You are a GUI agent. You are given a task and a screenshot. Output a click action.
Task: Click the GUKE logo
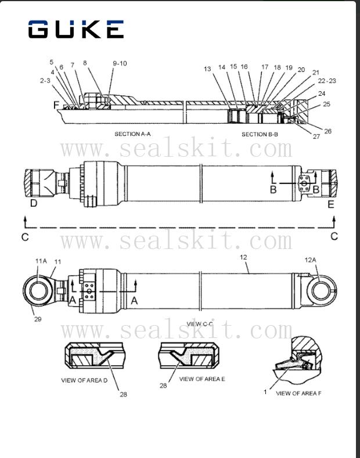tap(76, 29)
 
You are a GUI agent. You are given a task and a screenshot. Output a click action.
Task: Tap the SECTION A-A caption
tap(132, 134)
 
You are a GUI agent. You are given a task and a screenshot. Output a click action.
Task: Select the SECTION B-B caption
tap(260, 134)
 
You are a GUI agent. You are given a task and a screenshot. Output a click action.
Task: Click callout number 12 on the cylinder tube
tap(243, 256)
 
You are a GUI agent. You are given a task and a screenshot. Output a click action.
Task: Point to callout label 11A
tap(41, 262)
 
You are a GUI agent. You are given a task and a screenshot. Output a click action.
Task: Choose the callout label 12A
tap(311, 259)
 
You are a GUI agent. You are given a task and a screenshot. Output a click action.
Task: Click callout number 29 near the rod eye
tap(37, 319)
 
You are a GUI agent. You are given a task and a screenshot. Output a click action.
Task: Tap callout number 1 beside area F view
tap(265, 392)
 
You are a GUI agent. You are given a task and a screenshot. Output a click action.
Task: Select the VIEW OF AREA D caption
tap(85, 381)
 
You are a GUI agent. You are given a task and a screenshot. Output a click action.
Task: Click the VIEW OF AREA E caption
tap(202, 379)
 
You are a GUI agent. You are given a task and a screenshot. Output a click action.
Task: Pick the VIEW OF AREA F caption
tap(297, 394)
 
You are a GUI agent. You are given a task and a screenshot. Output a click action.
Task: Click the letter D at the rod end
tap(34, 204)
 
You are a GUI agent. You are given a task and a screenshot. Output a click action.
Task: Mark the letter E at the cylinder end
tap(331, 204)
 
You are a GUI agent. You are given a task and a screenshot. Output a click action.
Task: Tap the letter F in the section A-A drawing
tap(56, 105)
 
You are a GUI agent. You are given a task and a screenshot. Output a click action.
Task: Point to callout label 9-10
tap(120, 63)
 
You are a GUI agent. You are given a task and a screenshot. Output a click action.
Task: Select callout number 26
tap(327, 131)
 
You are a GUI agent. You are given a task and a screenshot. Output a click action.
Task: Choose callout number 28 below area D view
tap(123, 394)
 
